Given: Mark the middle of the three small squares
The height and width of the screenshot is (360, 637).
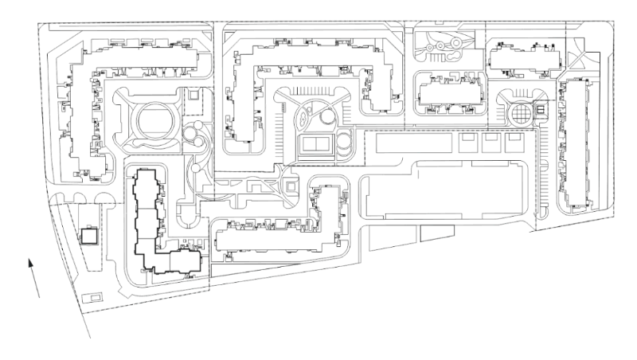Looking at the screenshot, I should coord(491,143).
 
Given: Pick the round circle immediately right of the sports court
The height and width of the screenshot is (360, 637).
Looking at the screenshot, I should coord(346,143).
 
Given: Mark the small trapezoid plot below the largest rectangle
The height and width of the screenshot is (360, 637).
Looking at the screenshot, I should coord(434,233).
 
